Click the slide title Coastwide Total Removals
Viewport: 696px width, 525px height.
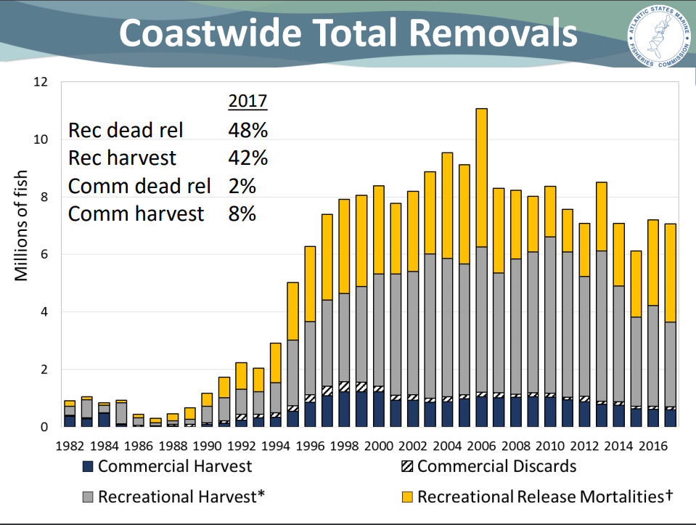pyautogui.click(x=348, y=33)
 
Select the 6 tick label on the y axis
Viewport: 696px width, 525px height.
pyautogui.click(x=44, y=254)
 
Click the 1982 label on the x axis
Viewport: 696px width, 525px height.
pyautogui.click(x=70, y=444)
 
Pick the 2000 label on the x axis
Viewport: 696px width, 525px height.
pyautogui.click(x=378, y=444)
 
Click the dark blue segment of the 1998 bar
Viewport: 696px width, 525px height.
pyautogui.click(x=343, y=410)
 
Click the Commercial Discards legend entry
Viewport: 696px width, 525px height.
pyautogui.click(x=488, y=466)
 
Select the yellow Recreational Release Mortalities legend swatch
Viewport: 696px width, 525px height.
pyautogui.click(x=406, y=497)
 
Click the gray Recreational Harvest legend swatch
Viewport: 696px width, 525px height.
pyautogui.click(x=87, y=497)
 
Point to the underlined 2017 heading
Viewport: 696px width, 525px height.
pyautogui.click(x=247, y=101)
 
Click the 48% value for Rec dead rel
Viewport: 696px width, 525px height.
pyautogui.click(x=247, y=131)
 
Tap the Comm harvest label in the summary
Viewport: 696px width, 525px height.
pyautogui.click(x=136, y=213)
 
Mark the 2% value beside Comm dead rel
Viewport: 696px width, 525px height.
pyautogui.click(x=242, y=186)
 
